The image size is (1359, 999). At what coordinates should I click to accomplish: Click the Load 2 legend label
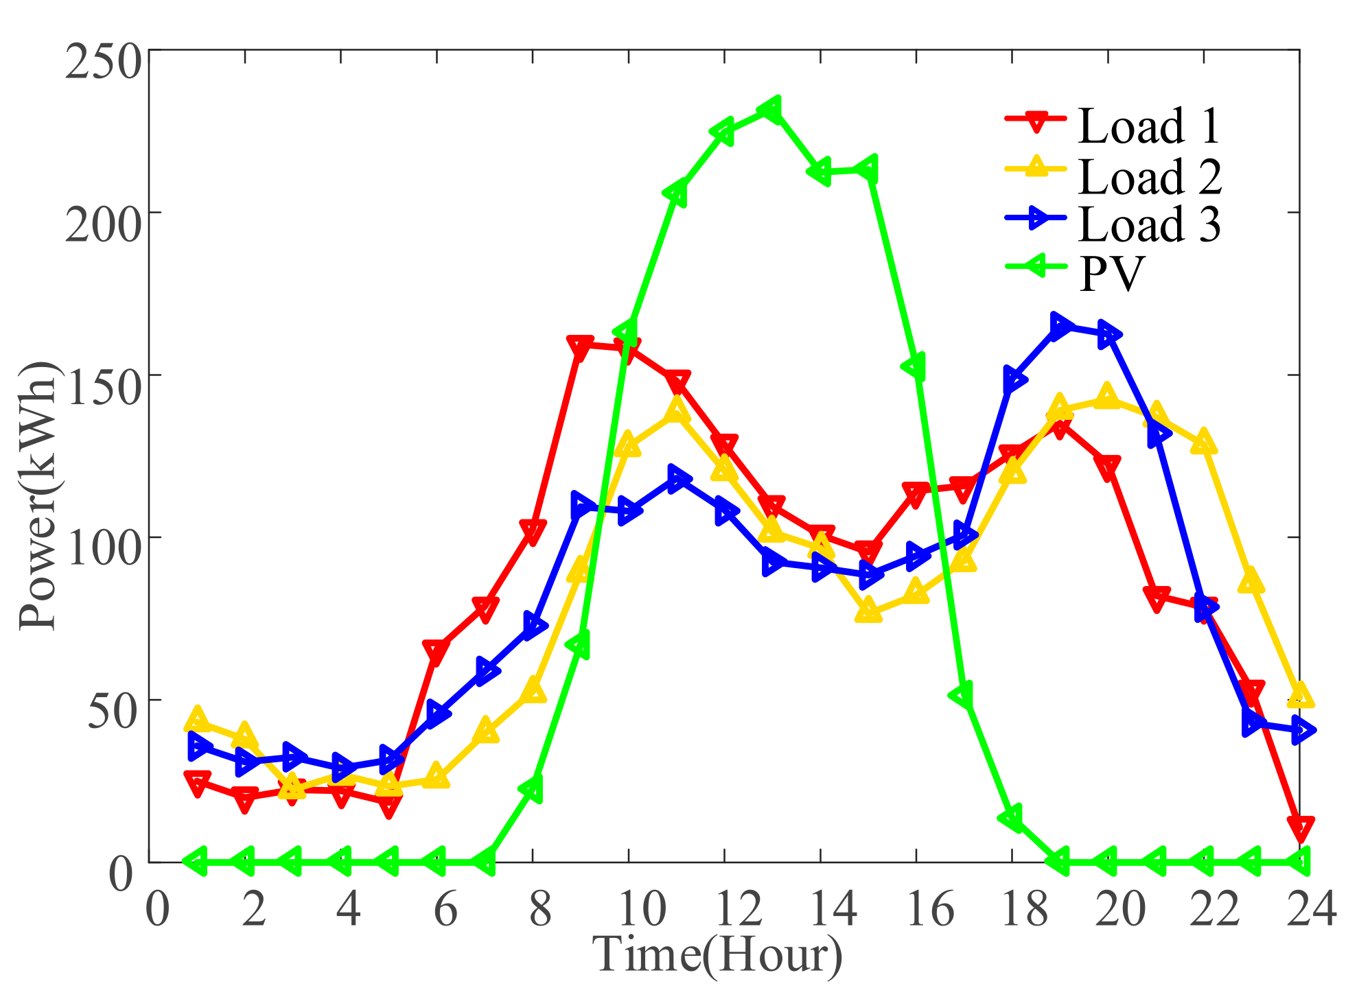1150,176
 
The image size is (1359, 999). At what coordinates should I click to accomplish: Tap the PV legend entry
1111,273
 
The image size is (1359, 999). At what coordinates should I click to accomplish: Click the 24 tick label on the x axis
1310,909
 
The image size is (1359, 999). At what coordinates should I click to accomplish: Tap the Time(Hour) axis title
717,955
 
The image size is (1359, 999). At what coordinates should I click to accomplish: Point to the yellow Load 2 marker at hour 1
197,719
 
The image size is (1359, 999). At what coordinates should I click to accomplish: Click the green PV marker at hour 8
532,789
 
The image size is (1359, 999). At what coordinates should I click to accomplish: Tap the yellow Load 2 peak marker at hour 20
1106,396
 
